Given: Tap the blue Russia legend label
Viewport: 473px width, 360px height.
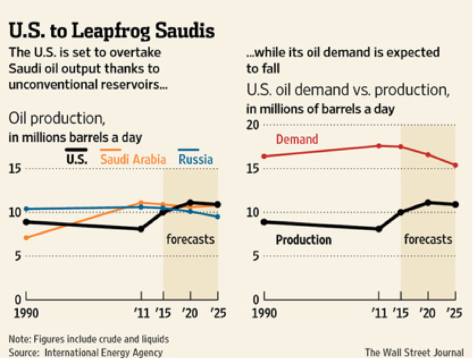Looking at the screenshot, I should coord(195,159).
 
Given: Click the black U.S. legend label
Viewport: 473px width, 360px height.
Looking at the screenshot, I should coord(77,159).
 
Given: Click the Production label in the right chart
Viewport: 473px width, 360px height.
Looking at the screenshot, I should coord(304,240).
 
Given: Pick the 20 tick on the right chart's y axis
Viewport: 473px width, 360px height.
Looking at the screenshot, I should coord(253,125).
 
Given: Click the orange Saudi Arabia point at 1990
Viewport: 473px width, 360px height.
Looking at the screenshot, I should coord(24,238).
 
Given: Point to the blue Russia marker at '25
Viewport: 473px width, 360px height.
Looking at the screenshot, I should coord(218,216).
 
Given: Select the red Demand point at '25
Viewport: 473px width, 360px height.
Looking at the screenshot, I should coord(455,165).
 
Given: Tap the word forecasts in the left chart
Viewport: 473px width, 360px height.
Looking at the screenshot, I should coord(191,240).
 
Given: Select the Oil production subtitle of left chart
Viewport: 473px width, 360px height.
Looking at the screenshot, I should coord(56,119).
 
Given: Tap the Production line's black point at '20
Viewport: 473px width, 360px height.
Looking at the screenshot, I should coord(427,202).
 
